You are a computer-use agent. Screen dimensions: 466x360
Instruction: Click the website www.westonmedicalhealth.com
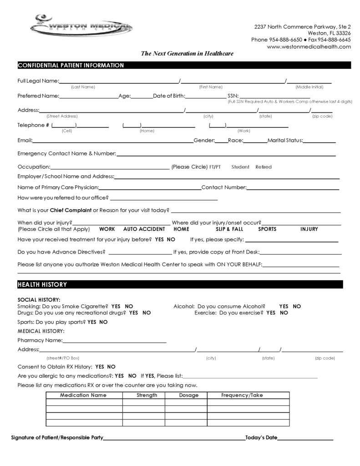309,46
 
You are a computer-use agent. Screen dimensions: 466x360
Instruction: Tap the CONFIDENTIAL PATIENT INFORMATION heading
71,66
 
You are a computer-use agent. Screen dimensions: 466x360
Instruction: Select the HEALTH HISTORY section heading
42,285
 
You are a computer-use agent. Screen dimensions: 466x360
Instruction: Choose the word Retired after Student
264,167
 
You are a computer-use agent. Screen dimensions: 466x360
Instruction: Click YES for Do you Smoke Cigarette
116,307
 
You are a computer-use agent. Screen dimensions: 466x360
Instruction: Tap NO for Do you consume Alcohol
297,307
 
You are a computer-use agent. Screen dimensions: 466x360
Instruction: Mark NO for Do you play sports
103,322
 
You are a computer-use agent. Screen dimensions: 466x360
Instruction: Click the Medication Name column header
83,395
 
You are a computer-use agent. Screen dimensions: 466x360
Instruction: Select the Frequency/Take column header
242,395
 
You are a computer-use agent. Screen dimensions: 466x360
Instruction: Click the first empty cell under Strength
143,402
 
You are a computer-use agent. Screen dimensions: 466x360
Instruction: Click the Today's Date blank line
305,439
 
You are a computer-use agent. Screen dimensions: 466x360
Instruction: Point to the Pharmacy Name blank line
115,341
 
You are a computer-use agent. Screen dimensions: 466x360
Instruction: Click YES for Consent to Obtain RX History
100,367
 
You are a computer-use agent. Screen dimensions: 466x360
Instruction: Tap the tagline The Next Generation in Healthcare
187,54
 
